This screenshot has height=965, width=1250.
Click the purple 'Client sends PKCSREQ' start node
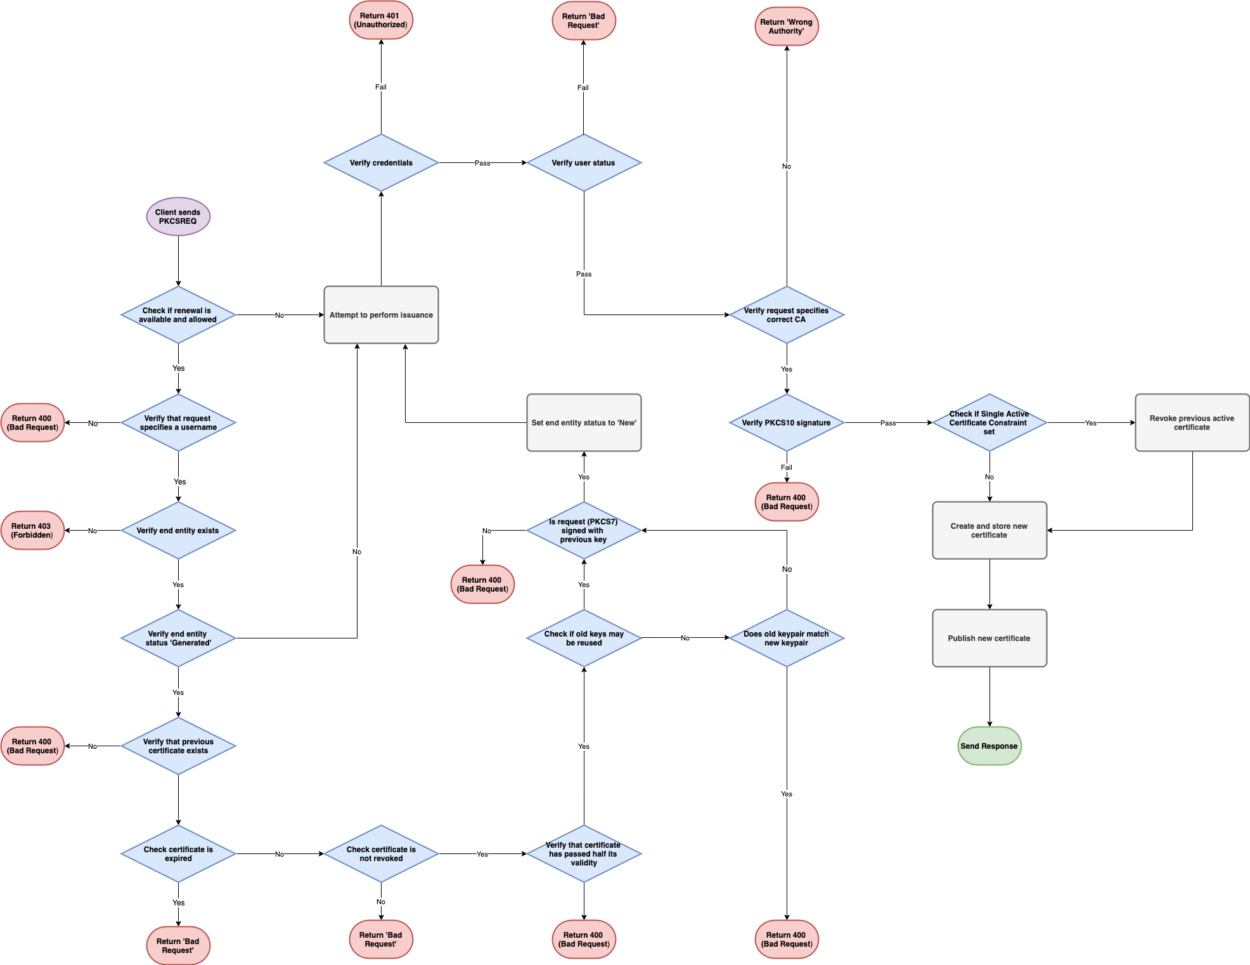tap(178, 217)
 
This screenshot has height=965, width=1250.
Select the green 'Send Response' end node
tap(989, 746)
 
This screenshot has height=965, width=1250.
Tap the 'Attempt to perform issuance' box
tap(381, 315)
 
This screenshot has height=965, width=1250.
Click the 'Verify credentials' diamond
tap(381, 163)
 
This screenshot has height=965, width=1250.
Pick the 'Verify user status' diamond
tap(583, 163)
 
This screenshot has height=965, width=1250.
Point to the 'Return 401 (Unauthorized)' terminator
tap(381, 20)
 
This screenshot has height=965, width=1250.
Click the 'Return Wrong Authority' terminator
tap(787, 27)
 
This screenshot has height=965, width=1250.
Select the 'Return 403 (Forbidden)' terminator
tap(32, 531)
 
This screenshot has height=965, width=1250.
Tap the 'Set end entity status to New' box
tap(584, 423)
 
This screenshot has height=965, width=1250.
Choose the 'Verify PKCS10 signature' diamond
tap(787, 423)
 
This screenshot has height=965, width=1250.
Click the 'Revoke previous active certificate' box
tap(1192, 423)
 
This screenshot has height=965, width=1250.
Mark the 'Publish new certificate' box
tap(989, 638)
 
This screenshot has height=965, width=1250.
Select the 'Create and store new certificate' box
tap(989, 531)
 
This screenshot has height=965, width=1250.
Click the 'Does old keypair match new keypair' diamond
tap(787, 638)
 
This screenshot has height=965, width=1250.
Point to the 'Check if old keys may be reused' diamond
tap(584, 638)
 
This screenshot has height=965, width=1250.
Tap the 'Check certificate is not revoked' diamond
tap(381, 854)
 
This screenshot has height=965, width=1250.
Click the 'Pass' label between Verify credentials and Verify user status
tap(482, 163)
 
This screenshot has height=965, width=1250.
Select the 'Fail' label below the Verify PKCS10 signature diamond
tap(787, 467)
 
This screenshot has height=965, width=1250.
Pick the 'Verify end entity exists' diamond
tap(178, 531)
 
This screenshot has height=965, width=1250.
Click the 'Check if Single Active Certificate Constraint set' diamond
tap(989, 423)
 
